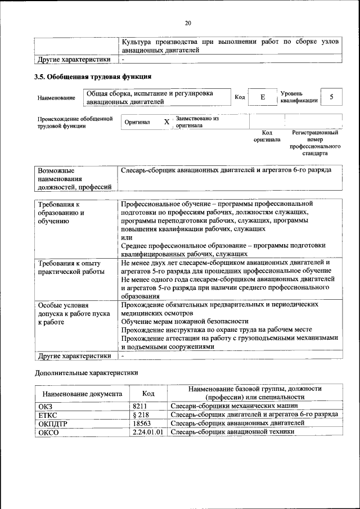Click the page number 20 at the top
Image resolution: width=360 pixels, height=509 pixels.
coord(188,23)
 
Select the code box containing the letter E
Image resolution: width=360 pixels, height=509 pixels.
coord(262,97)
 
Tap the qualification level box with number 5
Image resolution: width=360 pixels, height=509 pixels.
coord(331,97)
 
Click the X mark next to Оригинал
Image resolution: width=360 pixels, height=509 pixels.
coord(166,122)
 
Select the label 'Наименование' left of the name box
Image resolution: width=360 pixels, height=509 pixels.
coord(56,98)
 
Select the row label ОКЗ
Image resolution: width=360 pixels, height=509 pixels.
coord(44,406)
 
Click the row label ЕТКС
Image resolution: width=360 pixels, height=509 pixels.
coord(47,414)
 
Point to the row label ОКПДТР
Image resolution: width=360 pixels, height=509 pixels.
coord(52,423)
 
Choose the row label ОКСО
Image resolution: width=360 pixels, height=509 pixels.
coord(48,432)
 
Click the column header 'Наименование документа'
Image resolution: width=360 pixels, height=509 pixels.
coord(82,394)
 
